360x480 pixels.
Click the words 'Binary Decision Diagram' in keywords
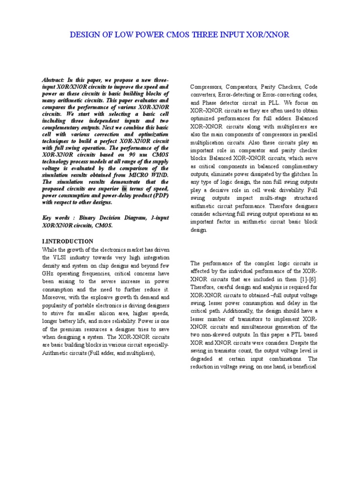pyautogui.click(x=106, y=218)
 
